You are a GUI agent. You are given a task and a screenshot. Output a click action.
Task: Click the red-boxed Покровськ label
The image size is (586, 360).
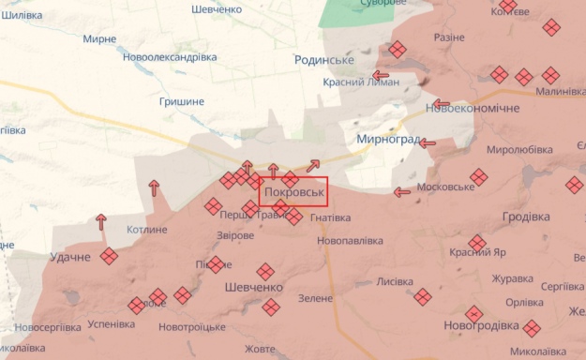coord(293,192)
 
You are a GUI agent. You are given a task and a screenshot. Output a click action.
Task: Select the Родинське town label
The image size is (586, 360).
coord(323,60)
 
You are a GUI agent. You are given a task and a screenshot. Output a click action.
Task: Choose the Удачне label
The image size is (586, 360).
coord(71,257)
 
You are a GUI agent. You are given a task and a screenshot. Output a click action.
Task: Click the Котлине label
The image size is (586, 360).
coord(147,230)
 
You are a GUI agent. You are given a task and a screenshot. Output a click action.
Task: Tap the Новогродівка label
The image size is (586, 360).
coord(481,325)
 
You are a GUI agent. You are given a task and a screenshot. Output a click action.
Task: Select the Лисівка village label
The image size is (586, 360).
coord(394,281)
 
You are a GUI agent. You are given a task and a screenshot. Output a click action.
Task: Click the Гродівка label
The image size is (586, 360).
coord(526,217)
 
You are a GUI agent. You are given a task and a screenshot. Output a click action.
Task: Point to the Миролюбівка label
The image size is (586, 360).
coord(520,149)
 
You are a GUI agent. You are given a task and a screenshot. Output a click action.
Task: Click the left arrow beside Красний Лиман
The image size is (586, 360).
coord(381,75)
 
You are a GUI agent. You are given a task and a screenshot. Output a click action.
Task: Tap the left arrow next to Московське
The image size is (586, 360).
coord(401,192)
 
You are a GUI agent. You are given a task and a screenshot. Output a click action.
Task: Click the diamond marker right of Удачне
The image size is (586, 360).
coord(110,256)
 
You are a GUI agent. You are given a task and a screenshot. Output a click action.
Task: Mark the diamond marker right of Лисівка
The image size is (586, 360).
coord(423,296)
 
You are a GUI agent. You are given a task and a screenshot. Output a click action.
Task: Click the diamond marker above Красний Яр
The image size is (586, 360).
coord(478,244)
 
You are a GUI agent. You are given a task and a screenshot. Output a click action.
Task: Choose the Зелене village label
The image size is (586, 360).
coord(315,298)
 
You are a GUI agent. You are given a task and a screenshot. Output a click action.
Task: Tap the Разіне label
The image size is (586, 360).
coord(449,37)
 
